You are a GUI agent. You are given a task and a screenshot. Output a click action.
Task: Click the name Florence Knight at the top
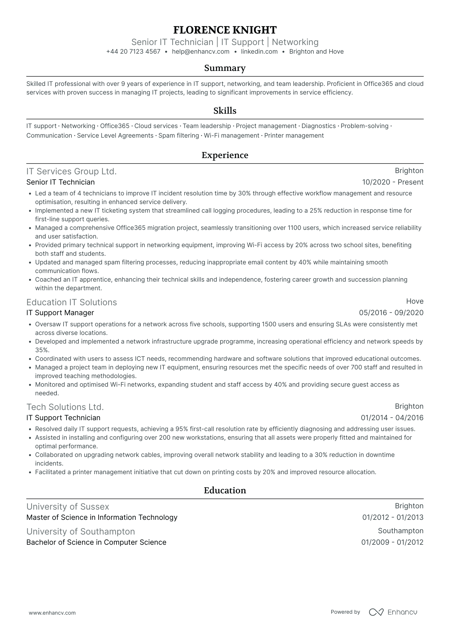coord(225,30)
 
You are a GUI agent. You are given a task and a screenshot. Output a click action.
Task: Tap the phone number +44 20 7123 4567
coord(133,52)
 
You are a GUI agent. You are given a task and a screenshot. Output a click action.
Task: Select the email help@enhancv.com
coord(200,52)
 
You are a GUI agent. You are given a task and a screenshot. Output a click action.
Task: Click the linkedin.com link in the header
coord(259,52)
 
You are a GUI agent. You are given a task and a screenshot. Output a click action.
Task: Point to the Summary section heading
coord(225,68)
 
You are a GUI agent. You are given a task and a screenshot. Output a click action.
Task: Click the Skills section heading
coord(225,111)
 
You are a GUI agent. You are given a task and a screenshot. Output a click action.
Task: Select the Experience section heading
coord(225,155)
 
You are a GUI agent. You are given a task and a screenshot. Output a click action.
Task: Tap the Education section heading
coord(225,490)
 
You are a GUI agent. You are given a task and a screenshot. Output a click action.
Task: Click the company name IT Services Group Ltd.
coord(71,171)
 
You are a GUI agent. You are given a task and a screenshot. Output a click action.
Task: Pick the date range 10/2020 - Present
coord(393,182)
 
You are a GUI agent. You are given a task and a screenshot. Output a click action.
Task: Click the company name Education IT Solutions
coord(71,302)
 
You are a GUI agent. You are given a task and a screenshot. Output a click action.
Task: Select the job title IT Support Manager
coord(60,313)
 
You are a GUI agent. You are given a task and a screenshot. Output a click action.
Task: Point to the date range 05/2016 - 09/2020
coord(391,313)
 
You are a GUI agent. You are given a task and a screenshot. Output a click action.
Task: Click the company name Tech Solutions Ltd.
coord(65,407)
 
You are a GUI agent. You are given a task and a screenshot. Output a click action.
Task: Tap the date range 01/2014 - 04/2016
coord(392,418)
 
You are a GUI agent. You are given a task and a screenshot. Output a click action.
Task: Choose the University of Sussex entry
coord(68,507)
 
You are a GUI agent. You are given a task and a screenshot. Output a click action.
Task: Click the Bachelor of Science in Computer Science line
coord(96,542)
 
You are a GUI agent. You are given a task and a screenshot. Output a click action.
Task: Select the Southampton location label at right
coord(401,531)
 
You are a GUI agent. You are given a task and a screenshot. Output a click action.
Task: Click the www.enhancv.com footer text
coord(52,613)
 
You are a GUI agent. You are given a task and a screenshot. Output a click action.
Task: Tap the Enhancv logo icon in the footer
coord(376,612)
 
